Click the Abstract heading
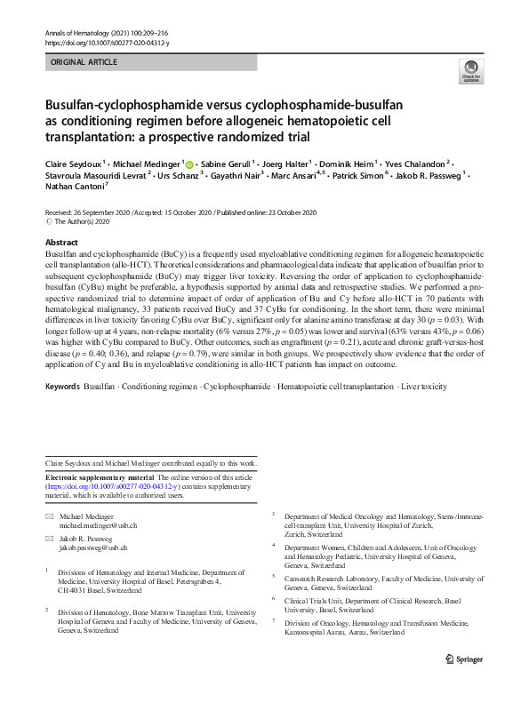click(61, 242)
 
